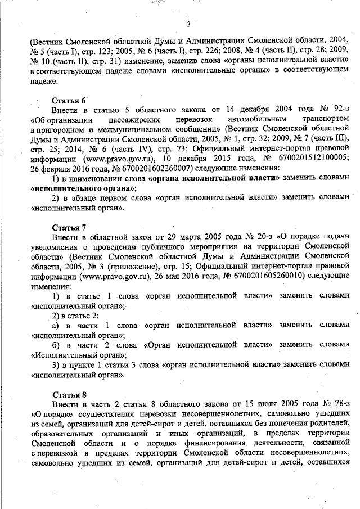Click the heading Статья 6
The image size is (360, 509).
coord(69,100)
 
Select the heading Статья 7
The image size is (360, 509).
coord(69,227)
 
